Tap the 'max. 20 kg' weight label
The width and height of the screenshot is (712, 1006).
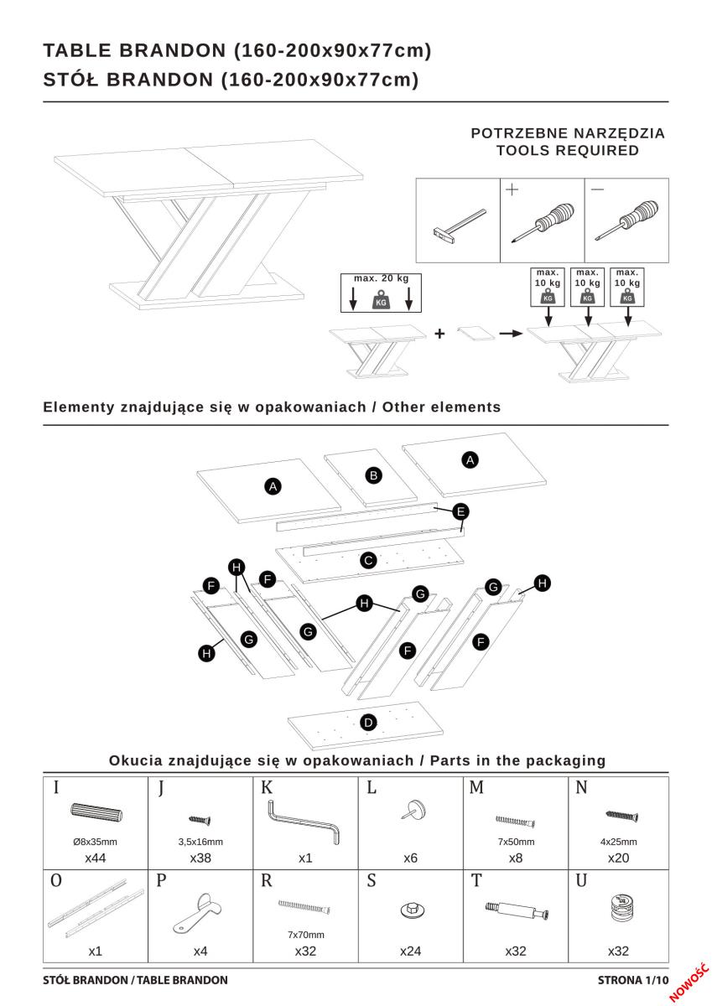tap(380, 278)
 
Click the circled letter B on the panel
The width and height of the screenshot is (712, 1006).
tap(374, 475)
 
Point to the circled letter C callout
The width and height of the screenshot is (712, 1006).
tap(367, 561)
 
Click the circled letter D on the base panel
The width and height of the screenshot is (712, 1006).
tap(368, 722)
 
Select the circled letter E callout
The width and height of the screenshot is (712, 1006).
tap(460, 511)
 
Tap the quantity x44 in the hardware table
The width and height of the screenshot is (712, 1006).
tap(95, 858)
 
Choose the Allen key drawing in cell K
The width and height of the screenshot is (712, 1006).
tap(304, 822)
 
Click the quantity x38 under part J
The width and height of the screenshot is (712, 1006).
tap(200, 858)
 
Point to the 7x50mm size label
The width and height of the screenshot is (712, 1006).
tap(517, 842)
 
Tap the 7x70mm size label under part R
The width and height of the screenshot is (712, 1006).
tap(305, 934)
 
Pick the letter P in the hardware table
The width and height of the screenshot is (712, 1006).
tap(162, 881)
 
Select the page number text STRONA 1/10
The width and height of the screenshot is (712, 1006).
tap(633, 979)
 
